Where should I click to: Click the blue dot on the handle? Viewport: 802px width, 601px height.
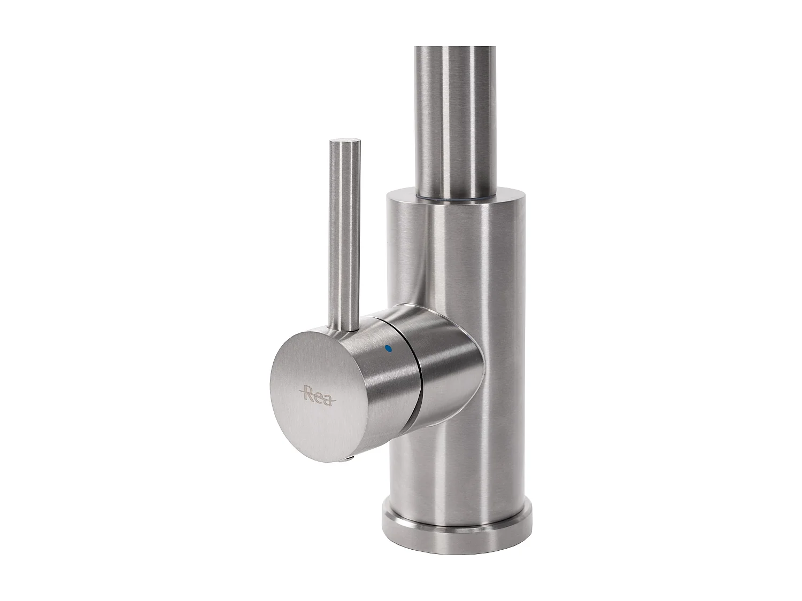coord(388,348)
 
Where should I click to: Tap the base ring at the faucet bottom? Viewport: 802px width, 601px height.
coord(457,526)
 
